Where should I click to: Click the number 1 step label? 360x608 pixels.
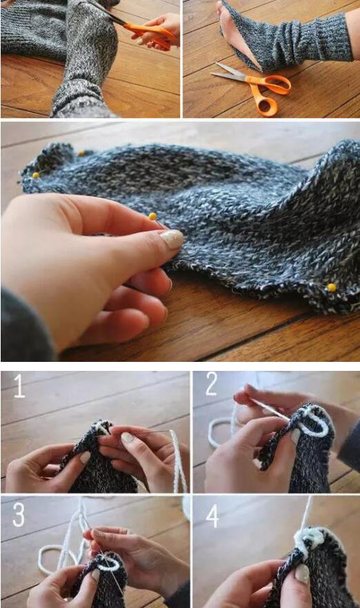tap(19, 386)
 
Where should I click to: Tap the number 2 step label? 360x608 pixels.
tap(212, 384)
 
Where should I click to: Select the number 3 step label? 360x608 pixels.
tap(18, 514)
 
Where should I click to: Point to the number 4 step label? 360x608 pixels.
tap(212, 516)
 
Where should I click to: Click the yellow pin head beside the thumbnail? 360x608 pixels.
tap(152, 216)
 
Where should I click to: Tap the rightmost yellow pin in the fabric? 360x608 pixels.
tap(331, 287)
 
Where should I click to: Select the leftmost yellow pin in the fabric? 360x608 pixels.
tap(36, 175)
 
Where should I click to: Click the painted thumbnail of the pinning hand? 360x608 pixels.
tap(172, 239)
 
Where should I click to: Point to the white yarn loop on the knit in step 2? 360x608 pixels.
tap(315, 423)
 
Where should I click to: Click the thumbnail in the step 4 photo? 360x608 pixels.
tap(302, 574)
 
